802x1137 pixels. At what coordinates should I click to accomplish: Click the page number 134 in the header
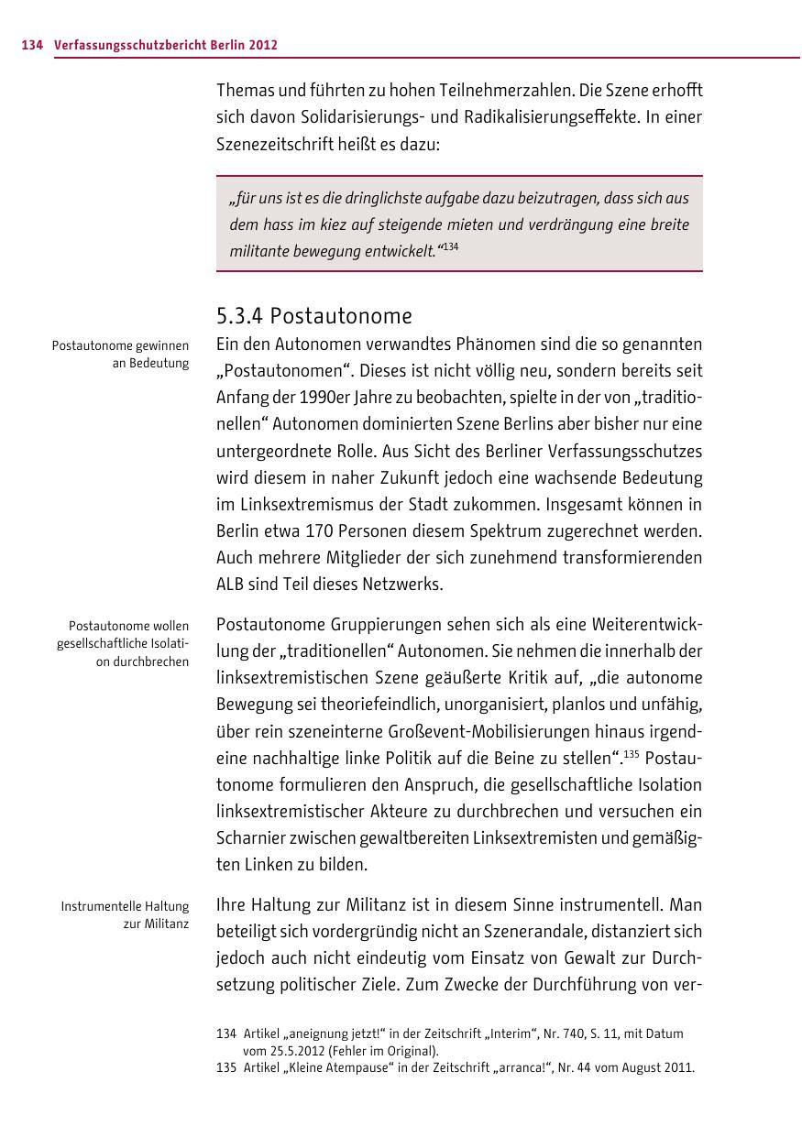pyautogui.click(x=32, y=45)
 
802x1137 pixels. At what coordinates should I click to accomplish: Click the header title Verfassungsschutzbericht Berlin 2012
pyautogui.click(x=166, y=45)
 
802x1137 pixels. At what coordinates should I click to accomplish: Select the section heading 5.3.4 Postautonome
pyautogui.click(x=313, y=316)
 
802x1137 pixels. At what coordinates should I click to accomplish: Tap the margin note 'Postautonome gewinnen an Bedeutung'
pyautogui.click(x=121, y=355)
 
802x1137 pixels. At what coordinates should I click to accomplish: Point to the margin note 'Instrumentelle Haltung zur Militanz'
pyautogui.click(x=125, y=914)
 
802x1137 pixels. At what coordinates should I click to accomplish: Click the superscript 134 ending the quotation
pyautogui.click(x=449, y=246)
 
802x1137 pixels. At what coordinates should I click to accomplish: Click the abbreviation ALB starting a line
pyautogui.click(x=230, y=585)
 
